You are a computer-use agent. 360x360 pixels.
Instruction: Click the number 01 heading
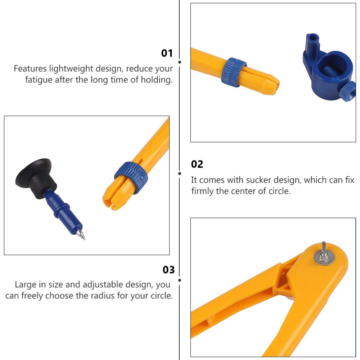coord(167,53)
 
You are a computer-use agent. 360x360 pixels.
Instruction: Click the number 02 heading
coord(197,164)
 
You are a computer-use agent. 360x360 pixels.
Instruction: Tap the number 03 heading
coord(168,270)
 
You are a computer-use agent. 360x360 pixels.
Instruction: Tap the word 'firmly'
coord(202,191)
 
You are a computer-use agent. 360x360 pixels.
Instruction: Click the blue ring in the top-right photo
coord(234,72)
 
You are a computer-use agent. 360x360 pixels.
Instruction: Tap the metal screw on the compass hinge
coord(324,254)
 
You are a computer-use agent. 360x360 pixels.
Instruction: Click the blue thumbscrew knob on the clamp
coord(348,92)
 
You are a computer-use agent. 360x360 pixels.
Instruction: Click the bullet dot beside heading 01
coord(180,62)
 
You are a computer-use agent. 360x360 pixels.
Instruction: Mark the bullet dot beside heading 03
coord(180,280)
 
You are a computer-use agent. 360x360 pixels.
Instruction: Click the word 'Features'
coord(30,69)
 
